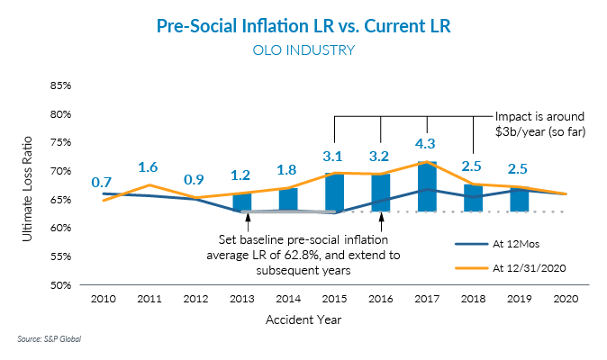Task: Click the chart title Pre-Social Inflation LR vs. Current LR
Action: coord(303,26)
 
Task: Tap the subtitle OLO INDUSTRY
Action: coord(303,50)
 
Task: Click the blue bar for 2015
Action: coord(334,193)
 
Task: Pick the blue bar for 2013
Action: coord(242,202)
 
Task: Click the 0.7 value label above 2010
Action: coord(102,183)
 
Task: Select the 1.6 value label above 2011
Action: coord(148,166)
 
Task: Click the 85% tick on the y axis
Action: coord(60,86)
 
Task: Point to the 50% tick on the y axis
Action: coord(60,285)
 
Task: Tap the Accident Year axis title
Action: coord(303,319)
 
